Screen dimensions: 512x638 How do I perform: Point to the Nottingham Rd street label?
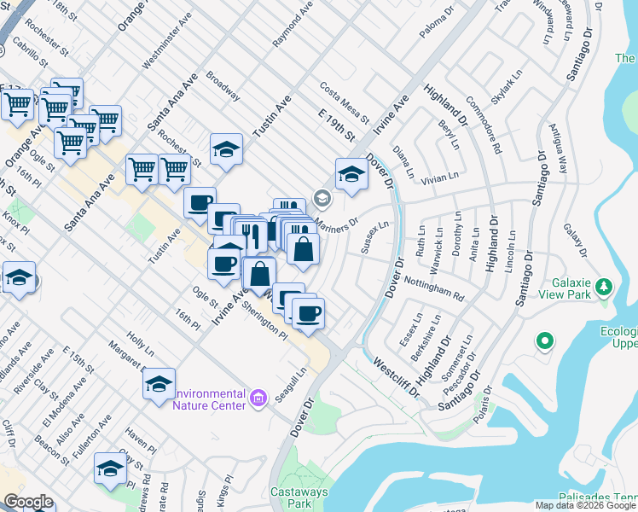(433, 289)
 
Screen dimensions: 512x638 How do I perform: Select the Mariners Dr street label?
(336, 224)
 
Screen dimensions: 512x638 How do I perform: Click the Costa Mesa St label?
(344, 102)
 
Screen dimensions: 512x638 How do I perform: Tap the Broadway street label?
(223, 85)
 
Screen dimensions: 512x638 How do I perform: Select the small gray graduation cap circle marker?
(322, 199)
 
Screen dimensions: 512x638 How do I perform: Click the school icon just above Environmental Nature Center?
(159, 383)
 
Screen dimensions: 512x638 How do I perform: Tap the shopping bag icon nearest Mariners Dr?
(303, 248)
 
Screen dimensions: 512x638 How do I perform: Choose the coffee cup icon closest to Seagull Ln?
(308, 312)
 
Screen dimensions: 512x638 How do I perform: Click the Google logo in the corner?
(28, 502)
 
